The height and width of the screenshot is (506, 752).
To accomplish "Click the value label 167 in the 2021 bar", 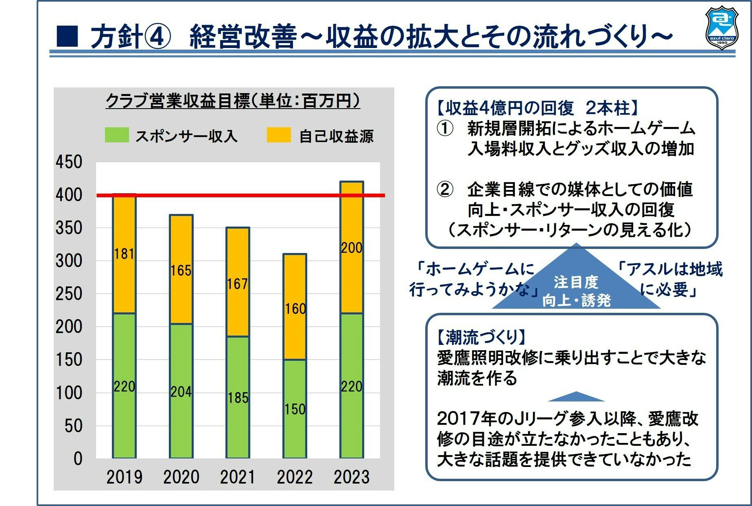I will (238, 284).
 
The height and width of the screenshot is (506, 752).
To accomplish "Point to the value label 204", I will (181, 392).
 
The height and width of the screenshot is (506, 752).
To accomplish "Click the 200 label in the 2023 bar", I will (352, 248).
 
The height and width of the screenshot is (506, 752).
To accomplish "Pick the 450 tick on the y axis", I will (69, 162).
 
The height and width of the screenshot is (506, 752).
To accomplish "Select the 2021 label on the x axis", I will (238, 477).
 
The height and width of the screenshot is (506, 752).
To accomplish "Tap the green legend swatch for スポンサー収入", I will (117, 135).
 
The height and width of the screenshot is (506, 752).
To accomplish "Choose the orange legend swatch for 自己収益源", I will (279, 135).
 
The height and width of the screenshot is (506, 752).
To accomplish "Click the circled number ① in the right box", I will (445, 129).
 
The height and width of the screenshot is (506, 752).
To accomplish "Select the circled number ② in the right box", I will (445, 189).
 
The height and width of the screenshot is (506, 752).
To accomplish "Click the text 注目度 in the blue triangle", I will (576, 282).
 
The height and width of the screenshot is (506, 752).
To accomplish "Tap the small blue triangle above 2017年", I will (576, 397).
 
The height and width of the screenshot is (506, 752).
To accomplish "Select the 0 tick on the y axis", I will (78, 458).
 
